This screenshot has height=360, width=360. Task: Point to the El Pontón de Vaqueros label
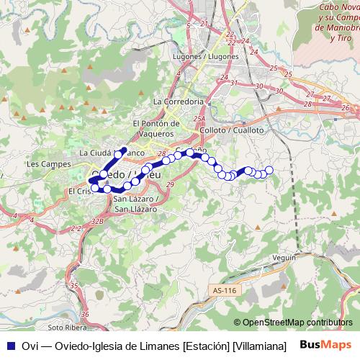pyautogui.click(x=153, y=128)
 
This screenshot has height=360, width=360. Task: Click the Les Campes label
pyautogui.click(x=42, y=163)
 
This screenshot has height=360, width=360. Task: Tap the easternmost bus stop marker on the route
pyautogui.click(x=269, y=170)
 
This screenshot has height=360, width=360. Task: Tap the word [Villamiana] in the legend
pyautogui.click(x=258, y=346)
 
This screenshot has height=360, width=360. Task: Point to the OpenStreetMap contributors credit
pyautogui.click(x=293, y=323)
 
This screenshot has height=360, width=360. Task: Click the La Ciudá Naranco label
pyautogui.click(x=112, y=153)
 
